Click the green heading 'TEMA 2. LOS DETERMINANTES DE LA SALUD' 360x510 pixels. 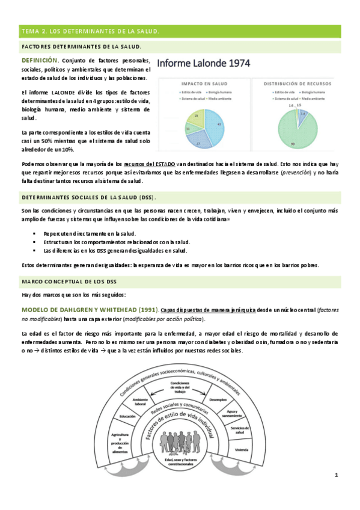[x=90, y=31]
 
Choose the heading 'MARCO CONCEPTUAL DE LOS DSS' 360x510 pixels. [x=69, y=281]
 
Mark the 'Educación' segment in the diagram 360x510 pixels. [x=127, y=416]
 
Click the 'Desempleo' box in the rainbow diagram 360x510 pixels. [x=218, y=399]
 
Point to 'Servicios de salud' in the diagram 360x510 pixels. [x=239, y=429]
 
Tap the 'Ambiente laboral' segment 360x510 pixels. [x=141, y=401]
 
